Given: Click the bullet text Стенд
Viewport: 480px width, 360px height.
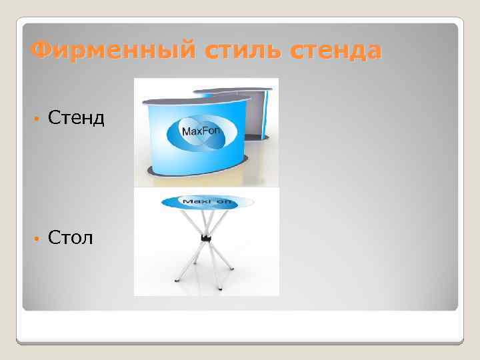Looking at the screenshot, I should tap(76, 118).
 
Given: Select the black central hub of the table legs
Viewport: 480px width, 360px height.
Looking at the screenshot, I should tap(206, 237).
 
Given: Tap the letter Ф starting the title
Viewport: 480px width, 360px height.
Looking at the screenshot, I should tap(41, 50).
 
